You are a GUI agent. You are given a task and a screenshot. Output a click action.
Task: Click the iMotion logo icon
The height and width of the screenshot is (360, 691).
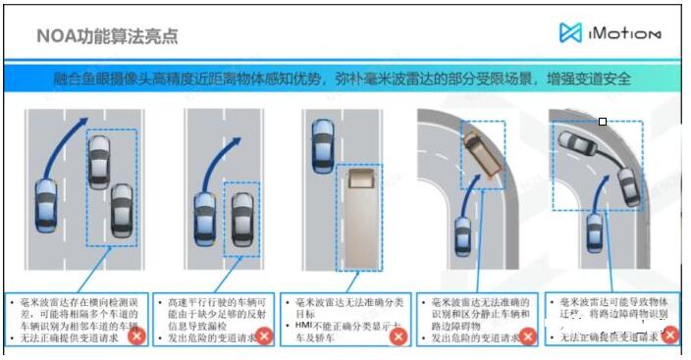(x=571, y=33)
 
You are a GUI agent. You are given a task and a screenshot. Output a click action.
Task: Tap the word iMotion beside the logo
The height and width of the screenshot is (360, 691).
(x=625, y=33)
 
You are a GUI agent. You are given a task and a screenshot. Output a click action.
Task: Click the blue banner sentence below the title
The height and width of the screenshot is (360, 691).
(x=345, y=78)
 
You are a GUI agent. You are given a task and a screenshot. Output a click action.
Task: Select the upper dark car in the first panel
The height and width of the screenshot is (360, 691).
(x=98, y=161)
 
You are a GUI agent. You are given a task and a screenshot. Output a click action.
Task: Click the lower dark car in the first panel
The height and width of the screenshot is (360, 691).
(x=121, y=207)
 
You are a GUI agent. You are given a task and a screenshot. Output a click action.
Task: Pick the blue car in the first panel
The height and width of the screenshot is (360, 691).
(x=46, y=207)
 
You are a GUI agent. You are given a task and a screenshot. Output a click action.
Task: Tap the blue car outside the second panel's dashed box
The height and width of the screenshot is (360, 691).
(x=204, y=219)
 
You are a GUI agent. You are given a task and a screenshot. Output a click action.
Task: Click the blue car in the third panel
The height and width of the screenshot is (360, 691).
(x=321, y=145)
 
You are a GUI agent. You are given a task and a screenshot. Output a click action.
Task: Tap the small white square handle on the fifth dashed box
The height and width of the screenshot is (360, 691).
(x=603, y=122)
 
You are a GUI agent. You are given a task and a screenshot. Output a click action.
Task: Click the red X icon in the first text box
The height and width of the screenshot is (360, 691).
(x=137, y=335)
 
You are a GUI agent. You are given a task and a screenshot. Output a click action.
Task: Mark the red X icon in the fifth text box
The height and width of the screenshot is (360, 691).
(x=670, y=334)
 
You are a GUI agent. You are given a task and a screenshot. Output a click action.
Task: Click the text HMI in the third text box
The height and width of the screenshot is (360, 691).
(x=304, y=325)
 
